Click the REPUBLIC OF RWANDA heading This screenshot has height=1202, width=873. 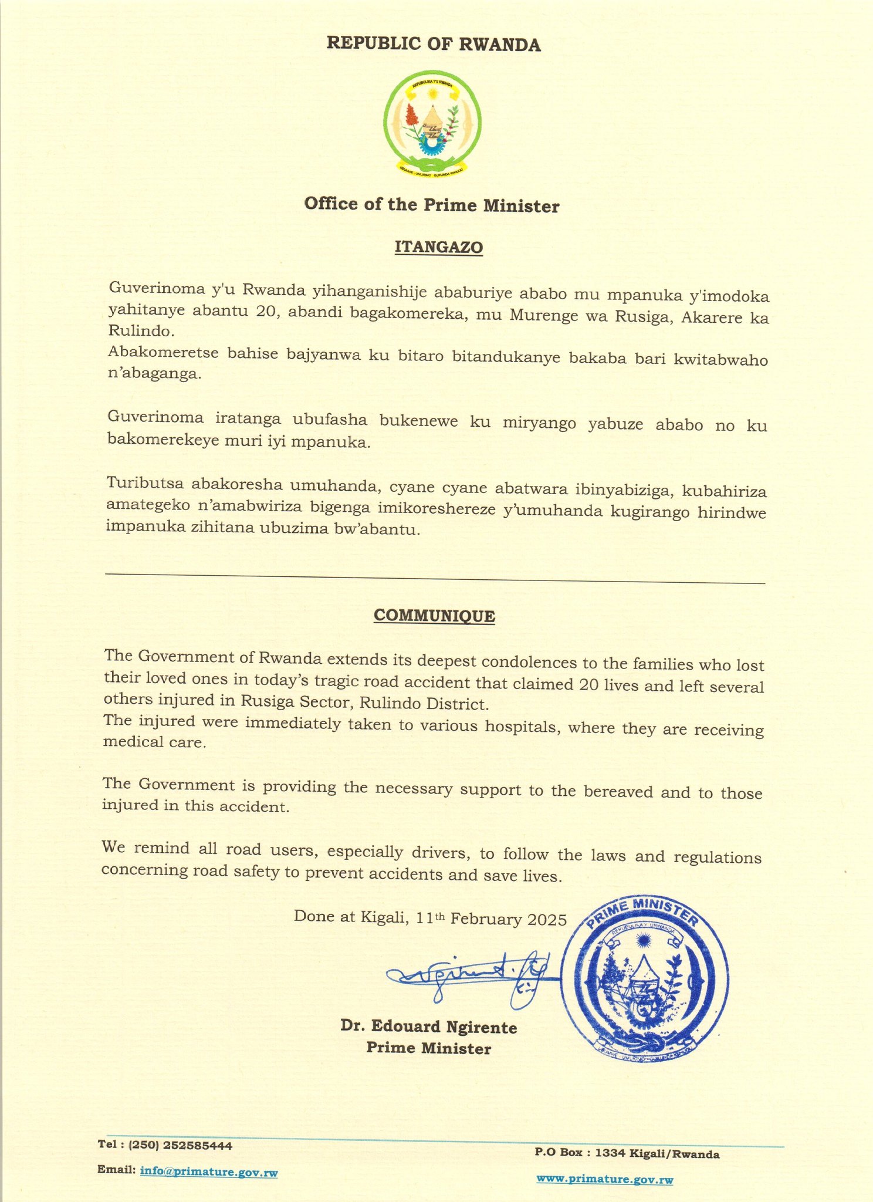point(434,45)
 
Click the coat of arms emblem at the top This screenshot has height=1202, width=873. point(433,124)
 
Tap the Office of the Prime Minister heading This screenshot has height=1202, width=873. point(432,205)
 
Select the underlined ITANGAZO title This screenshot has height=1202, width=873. point(439,247)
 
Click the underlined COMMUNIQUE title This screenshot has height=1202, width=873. point(434,616)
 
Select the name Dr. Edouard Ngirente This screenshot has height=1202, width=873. point(429,1027)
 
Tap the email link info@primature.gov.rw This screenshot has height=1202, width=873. point(208,1173)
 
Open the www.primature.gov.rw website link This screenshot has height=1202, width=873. point(604,1179)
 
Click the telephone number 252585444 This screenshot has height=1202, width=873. point(198,1145)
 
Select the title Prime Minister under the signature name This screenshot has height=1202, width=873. point(429,1048)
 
